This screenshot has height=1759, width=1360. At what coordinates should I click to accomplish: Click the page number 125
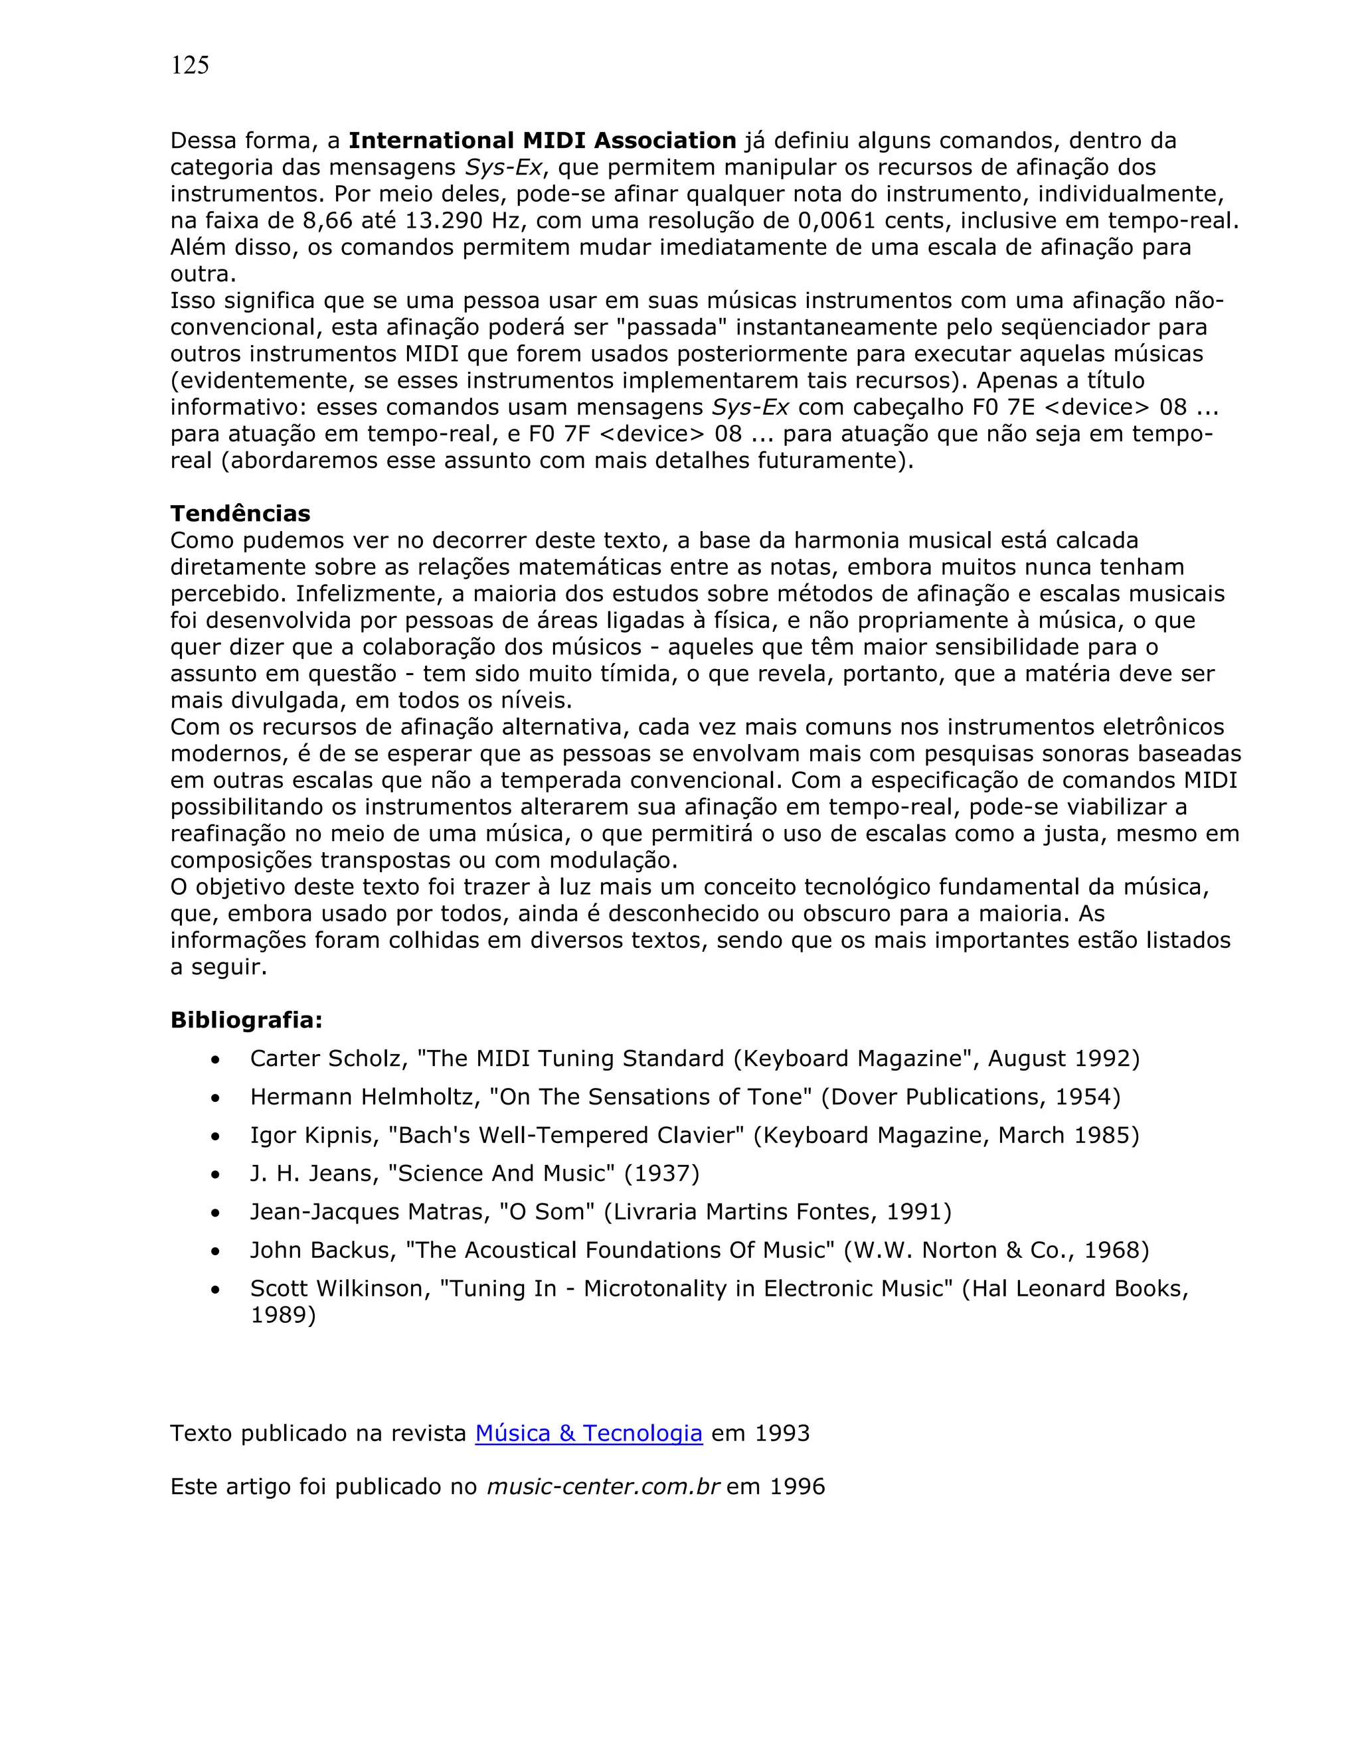coord(189,65)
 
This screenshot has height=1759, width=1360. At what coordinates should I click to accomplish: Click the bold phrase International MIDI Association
coord(543,141)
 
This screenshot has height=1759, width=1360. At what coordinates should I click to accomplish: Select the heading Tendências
coord(240,514)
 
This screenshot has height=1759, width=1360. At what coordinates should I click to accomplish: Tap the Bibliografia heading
coord(246,1020)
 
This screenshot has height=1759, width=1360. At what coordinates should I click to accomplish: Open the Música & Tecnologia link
coord(588,1434)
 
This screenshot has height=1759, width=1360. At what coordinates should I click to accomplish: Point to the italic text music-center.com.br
coord(603,1487)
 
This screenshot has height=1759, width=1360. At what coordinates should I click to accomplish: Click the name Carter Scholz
coord(325,1058)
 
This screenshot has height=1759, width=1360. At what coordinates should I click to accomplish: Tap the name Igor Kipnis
coord(314,1136)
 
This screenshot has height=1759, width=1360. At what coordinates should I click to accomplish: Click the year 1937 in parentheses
coord(661,1174)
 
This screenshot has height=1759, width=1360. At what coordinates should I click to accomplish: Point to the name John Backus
coord(322,1250)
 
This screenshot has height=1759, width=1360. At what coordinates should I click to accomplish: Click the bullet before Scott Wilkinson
coord(214,1290)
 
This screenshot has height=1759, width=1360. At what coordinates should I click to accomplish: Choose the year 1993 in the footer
coord(782,1434)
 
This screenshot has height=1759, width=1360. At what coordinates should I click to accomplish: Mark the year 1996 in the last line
coord(797,1487)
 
